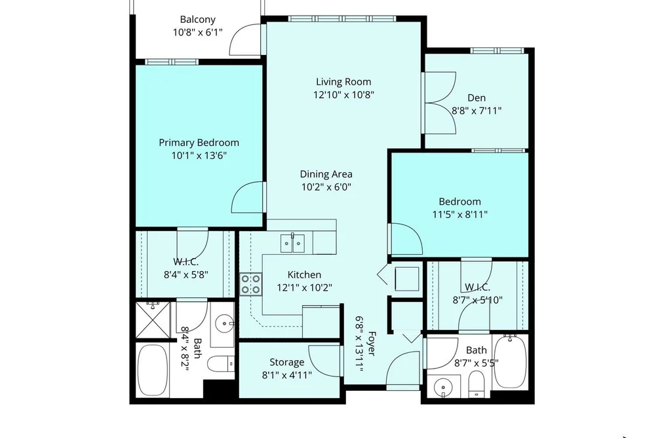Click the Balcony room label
click(198, 20)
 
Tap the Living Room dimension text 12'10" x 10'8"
click(343, 95)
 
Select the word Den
click(477, 98)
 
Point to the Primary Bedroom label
click(199, 143)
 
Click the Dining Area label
click(326, 173)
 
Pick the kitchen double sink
click(292, 243)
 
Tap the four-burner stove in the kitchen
click(250, 284)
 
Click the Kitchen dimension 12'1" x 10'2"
click(305, 288)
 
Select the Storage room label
click(286, 362)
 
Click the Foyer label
click(371, 343)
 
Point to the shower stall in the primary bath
click(153, 319)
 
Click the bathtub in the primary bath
click(153, 371)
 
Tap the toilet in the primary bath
click(223, 363)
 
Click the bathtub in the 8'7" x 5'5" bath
click(510, 361)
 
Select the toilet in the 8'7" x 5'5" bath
click(477, 385)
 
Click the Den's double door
click(440, 103)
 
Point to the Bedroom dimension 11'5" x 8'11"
click(460, 214)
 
